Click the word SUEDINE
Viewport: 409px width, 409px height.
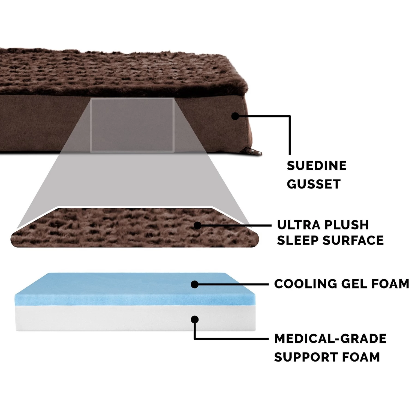tap(317, 166)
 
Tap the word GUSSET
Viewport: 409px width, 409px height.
tap(314, 184)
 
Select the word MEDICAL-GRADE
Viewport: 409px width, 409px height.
tap(330, 339)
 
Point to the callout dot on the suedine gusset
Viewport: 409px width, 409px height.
tap(235, 116)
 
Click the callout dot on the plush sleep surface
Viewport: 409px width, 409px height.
tap(197, 225)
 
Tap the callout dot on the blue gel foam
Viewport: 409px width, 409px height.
tap(194, 284)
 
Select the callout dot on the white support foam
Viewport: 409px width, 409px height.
tap(194, 319)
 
